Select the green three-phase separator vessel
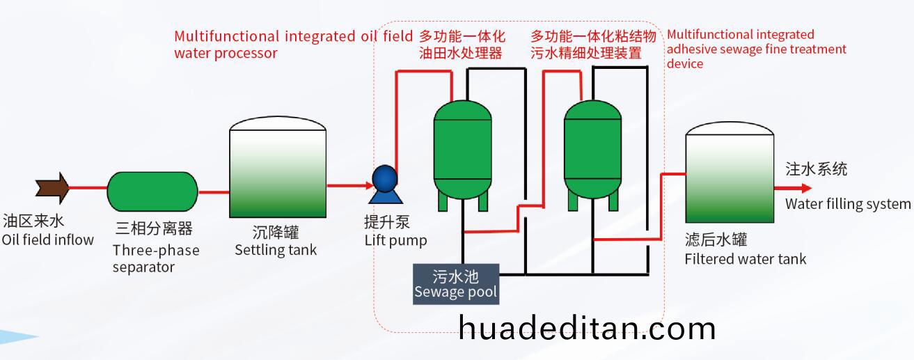click(152, 191)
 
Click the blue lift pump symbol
click(384, 179)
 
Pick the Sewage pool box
click(456, 283)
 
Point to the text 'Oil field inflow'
click(47, 240)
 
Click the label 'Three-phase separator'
click(156, 258)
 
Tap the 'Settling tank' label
click(276, 250)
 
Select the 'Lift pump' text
click(395, 241)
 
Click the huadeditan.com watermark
click(588, 327)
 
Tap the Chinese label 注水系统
click(817, 169)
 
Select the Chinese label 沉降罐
click(276, 233)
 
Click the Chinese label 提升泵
click(387, 223)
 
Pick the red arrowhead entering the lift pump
click(369, 186)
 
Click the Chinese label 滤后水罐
click(716, 241)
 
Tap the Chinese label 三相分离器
click(154, 229)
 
